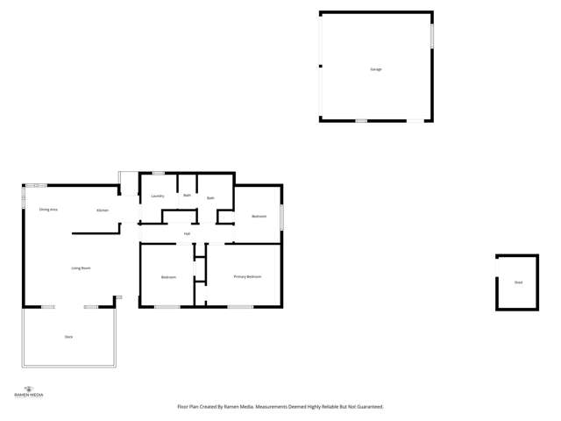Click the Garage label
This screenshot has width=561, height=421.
(375, 69)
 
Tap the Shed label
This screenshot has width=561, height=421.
(518, 282)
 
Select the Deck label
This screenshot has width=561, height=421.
(68, 337)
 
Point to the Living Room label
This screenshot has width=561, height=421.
(81, 268)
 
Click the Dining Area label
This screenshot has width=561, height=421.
(48, 210)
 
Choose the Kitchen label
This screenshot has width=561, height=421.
(103, 210)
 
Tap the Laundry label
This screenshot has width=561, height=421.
(158, 196)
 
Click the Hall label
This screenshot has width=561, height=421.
(187, 233)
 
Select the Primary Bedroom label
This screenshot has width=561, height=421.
(247, 276)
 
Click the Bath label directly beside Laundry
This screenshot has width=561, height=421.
(187, 195)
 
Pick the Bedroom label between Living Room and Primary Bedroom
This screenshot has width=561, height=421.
(168, 277)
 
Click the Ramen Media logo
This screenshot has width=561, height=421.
(29, 391)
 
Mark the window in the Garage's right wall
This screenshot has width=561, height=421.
(432, 35)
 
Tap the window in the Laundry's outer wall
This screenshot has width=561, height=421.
(159, 173)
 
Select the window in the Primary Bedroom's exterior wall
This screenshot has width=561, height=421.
(240, 306)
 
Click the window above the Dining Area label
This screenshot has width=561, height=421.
(36, 185)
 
